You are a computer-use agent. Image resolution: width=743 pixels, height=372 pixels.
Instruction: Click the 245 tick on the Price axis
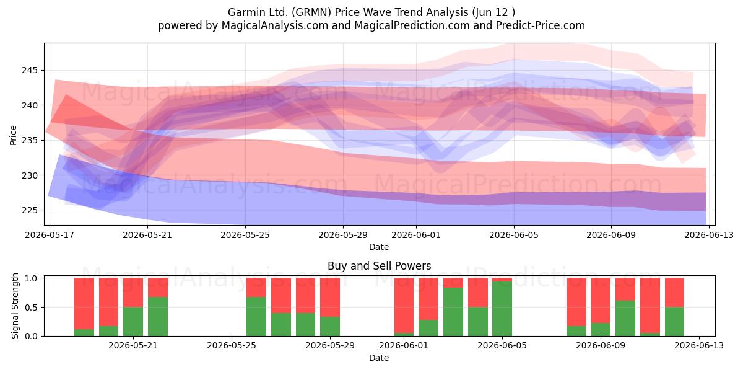tap(29, 71)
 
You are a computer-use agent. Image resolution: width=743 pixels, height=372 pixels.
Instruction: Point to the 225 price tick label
tap(29, 210)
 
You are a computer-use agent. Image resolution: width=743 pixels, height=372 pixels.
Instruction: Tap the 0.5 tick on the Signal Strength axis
tap(31, 308)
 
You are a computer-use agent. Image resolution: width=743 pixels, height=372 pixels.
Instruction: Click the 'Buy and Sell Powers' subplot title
tap(379, 266)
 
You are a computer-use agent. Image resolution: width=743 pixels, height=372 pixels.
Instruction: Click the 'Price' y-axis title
tap(13, 135)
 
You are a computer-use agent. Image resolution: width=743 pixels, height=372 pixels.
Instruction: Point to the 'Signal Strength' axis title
tap(15, 306)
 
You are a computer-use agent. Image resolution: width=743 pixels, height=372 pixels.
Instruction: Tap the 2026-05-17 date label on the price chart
tap(50, 235)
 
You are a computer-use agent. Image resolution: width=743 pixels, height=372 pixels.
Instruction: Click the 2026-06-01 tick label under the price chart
tap(416, 235)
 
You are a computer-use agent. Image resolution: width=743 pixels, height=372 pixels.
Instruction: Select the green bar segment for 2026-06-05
tap(502, 309)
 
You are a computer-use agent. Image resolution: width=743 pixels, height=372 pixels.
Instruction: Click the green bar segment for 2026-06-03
tap(453, 312)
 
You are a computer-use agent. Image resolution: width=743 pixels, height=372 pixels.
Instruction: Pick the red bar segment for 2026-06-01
tap(404, 305)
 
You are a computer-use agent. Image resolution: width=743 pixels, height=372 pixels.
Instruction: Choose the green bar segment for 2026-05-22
tap(158, 317)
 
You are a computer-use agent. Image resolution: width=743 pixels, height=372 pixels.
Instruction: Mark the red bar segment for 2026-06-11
tap(650, 305)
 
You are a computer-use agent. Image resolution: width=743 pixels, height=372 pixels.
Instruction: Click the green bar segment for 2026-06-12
tap(674, 322)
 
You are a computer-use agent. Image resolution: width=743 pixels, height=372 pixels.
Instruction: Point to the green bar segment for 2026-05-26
tap(256, 317)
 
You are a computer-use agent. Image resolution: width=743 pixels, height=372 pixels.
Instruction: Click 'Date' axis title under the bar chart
tap(379, 358)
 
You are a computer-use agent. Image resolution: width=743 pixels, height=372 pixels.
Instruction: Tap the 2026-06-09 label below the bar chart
tap(601, 346)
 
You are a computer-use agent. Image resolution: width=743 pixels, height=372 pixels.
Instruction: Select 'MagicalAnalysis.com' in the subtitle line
tap(275, 26)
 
